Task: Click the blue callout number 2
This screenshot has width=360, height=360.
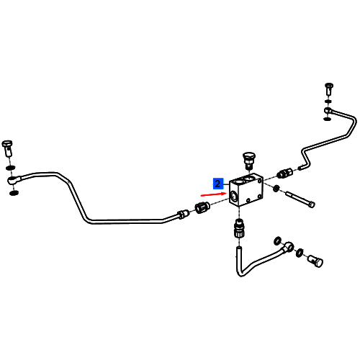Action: coord(218,184)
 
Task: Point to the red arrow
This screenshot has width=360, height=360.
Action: coord(213,194)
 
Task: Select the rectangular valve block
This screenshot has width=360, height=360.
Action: coord(246,189)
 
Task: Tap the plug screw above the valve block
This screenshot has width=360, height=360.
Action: coord(248,160)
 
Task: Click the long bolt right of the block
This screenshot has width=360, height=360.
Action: coord(300,199)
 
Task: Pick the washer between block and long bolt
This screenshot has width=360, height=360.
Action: coord(276,189)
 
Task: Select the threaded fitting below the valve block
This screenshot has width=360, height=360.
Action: coord(239,228)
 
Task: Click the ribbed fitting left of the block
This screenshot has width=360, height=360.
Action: coord(202,207)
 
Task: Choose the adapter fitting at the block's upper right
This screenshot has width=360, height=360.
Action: coord(284,174)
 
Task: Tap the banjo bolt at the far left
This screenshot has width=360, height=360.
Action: coord(7,148)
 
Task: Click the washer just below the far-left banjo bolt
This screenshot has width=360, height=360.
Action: coord(10,167)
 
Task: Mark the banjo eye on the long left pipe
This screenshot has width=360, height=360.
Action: coord(14,180)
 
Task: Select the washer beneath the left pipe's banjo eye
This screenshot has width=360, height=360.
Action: coord(14,193)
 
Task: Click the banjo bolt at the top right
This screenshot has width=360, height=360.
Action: coord(329,89)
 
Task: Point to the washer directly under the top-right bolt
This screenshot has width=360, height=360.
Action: coord(328,102)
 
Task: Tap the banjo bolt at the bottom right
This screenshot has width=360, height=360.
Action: coord(315,261)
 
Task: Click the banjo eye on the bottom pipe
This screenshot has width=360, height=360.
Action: coord(288,246)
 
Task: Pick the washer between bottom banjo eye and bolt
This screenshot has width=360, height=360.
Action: coord(300,253)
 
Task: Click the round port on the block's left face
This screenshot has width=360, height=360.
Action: coord(234,196)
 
